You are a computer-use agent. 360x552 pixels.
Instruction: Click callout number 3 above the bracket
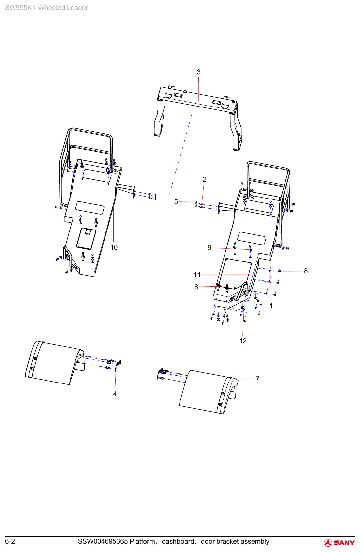[198, 72]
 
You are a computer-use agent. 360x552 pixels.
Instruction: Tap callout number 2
[204, 179]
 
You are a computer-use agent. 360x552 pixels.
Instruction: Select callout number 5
[176, 202]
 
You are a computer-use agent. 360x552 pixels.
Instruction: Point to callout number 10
[114, 247]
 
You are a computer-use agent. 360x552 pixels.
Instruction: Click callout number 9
[209, 248]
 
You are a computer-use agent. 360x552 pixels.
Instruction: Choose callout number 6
[196, 287]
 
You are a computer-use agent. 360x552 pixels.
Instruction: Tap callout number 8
[306, 271]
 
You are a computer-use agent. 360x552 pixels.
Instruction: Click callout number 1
[271, 306]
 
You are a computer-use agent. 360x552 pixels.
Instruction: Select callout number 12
[243, 341]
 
